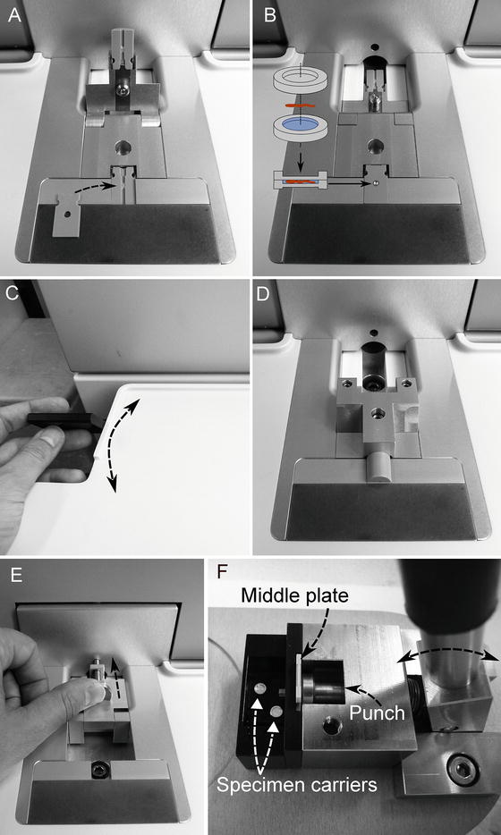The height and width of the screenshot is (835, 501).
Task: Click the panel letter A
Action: tap(14, 16)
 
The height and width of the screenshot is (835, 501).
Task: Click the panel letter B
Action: tap(269, 16)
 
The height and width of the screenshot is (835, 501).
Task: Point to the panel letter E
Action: tap(15, 577)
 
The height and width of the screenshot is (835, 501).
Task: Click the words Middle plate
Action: tap(294, 595)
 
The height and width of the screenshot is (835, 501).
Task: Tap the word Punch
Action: tap(377, 713)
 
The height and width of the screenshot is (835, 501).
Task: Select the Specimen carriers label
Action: tap(297, 784)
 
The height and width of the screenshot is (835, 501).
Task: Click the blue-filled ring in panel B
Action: tap(300, 126)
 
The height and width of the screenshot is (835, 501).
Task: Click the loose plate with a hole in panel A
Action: tap(66, 215)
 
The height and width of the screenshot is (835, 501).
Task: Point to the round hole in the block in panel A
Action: tap(124, 146)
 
